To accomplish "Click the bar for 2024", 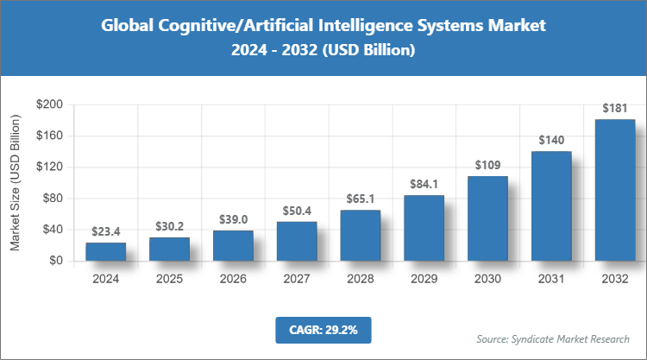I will click(x=105, y=251).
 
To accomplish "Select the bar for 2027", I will click(x=297, y=241).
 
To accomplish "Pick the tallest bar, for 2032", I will click(x=615, y=190).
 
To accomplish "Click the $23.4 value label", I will click(x=105, y=231).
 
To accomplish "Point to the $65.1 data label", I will click(x=360, y=199).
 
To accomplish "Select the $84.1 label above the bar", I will click(x=424, y=184).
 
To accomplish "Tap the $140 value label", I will click(x=551, y=140).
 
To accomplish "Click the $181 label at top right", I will click(x=615, y=108).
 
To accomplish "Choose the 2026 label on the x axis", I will click(x=233, y=280).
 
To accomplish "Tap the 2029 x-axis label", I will click(x=424, y=280).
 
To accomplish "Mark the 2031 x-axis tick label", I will click(x=551, y=280).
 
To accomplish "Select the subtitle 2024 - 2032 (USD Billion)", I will click(x=323, y=52).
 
